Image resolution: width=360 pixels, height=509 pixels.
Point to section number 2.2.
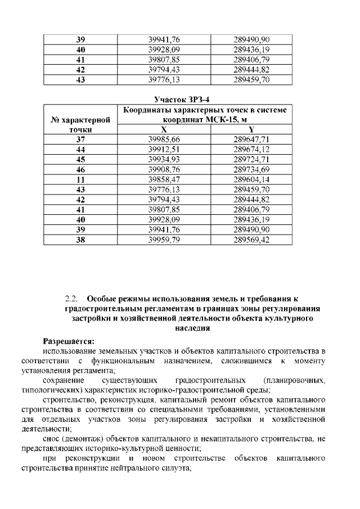click(x=71, y=299)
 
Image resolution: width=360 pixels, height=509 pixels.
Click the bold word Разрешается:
click(x=69, y=341)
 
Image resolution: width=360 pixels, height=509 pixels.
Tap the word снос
click(x=52, y=439)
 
